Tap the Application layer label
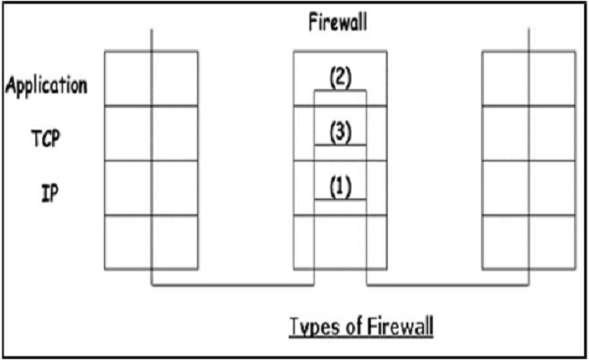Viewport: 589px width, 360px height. [45, 84]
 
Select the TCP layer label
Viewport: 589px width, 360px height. [45, 138]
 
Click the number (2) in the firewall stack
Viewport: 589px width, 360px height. [340, 77]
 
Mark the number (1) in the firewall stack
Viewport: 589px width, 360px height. [340, 185]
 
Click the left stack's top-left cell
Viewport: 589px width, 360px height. [128, 77]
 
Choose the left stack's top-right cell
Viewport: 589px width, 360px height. [174, 77]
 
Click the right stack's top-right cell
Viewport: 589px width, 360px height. [552, 77]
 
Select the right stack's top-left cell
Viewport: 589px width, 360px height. [506, 77]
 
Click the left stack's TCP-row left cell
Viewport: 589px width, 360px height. [128, 132]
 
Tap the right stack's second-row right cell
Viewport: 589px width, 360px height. [552, 132]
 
